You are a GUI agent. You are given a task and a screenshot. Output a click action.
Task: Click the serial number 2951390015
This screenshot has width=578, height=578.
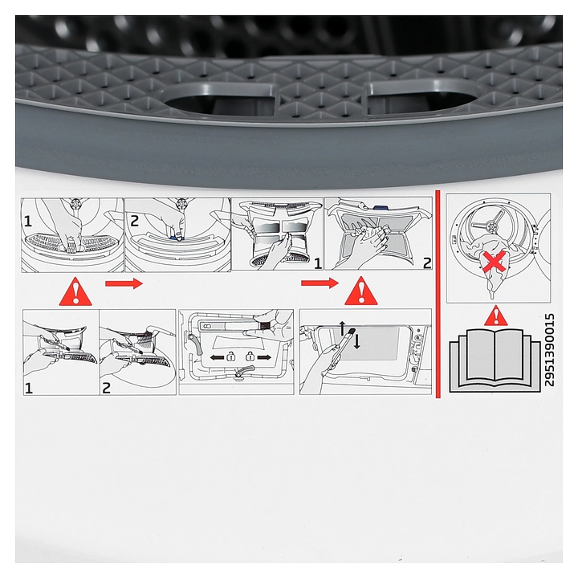tap(549, 350)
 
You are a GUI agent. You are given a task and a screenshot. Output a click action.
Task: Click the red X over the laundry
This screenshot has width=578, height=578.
tap(495, 263)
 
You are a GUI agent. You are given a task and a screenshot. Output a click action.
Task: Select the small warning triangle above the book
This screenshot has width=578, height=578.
tap(496, 316)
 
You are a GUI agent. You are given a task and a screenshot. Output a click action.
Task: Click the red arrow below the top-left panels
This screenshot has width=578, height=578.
tap(124, 283)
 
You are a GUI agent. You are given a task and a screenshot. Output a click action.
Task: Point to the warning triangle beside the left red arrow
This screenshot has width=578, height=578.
tap(75, 292)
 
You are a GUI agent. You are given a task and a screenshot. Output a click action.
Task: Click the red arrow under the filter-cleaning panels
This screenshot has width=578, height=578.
tap(320, 283)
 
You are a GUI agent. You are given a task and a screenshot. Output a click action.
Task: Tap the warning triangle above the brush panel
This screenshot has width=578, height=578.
tap(361, 291)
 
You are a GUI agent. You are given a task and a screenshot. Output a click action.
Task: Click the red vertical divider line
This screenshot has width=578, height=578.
tap(438, 294)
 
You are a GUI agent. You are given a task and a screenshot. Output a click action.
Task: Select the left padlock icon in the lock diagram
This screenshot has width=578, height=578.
tap(231, 356)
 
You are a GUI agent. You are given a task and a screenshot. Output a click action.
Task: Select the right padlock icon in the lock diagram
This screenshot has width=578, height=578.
tap(250, 356)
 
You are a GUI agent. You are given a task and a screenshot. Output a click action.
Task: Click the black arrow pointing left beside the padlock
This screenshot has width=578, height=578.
tap(217, 357)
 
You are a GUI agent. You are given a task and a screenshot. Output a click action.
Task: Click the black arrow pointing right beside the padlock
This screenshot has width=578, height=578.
tap(264, 357)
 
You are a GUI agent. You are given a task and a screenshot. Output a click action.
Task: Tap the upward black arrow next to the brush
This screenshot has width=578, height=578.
tap(342, 328)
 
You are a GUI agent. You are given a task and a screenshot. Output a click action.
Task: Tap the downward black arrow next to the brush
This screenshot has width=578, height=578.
tap(356, 342)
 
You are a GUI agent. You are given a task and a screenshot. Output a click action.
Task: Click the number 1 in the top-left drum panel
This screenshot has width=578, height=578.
tap(28, 222)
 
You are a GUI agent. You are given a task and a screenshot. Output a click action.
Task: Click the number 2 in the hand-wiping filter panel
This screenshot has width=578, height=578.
tap(427, 263)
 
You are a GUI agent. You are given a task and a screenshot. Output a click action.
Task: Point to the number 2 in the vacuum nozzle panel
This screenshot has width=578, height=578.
tap(106, 388)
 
